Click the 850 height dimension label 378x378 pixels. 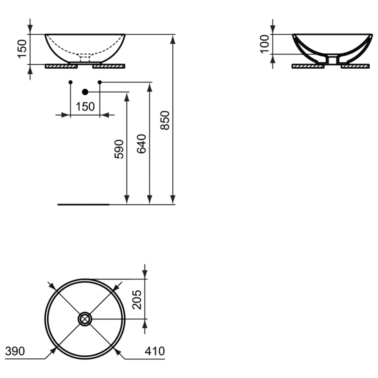tap(165, 120)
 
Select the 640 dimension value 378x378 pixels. tap(141, 144)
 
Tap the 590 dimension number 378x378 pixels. tap(119, 149)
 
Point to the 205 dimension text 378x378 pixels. tap(137, 300)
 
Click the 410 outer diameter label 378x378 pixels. tap(155, 351)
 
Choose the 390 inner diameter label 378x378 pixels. tap(15, 351)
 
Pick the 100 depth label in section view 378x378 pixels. tap(265, 44)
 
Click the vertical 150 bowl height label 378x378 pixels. tap(22, 49)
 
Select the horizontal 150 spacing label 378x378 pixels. tap(85, 107)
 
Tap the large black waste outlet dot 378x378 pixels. tap(85, 92)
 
